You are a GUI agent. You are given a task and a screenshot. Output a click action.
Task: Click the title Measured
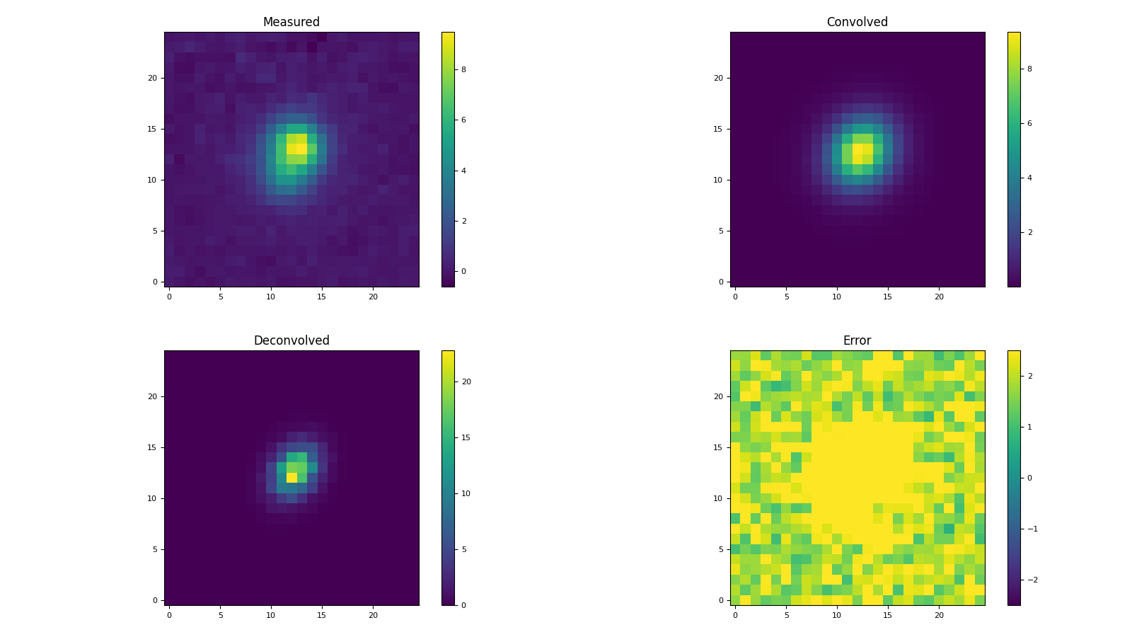[x=291, y=22]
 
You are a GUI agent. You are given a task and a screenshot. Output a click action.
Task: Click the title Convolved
[x=857, y=22]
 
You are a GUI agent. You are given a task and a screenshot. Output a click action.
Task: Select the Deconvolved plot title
[x=291, y=340]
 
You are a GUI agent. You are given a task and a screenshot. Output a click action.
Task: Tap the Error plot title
[x=857, y=340]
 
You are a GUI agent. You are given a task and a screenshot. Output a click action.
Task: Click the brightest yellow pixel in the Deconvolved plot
[x=291, y=478]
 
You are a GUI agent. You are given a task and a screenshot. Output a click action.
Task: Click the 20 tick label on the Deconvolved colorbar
[x=466, y=381]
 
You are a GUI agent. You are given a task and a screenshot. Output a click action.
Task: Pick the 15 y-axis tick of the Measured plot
[x=151, y=129]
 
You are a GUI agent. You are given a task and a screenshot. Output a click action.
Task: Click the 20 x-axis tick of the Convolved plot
[x=939, y=297]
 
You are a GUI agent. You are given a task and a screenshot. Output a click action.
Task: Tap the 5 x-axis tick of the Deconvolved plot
[x=220, y=615]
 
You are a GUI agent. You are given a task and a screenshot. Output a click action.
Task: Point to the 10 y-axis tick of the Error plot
[x=717, y=498]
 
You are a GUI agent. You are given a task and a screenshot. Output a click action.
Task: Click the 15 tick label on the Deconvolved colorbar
[x=466, y=437]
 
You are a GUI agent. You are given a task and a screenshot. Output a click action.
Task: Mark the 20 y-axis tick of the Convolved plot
[x=717, y=78]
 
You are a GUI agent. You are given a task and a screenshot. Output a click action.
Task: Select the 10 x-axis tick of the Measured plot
[x=271, y=297]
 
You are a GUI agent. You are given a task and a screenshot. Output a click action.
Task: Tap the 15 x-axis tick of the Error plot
[x=888, y=615]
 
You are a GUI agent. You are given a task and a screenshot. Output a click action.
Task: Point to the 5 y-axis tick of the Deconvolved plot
[x=154, y=549]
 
